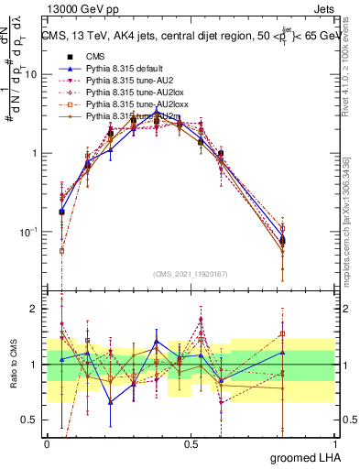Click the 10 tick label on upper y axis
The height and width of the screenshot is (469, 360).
(x=31, y=75)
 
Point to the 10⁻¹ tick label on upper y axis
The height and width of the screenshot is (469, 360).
(x=28, y=233)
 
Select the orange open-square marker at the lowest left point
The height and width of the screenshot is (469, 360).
(x=62, y=250)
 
